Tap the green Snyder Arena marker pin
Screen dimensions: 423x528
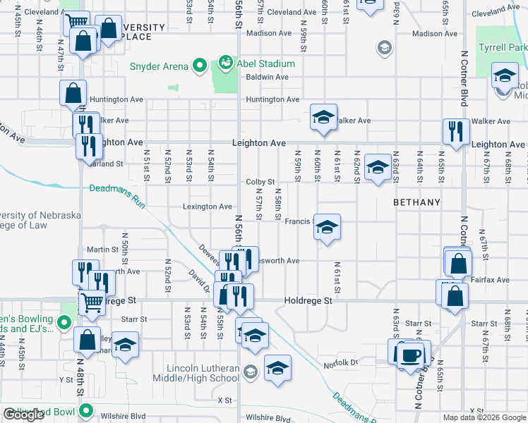[200, 67]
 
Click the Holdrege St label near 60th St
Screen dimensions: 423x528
[308, 300]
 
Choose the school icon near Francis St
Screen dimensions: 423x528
[327, 227]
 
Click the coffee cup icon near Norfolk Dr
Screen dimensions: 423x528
[410, 354]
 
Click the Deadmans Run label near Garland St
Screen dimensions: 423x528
[117, 188]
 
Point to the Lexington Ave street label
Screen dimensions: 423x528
[208, 207]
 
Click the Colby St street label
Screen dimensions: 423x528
[260, 182]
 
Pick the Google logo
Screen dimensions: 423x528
[24, 415]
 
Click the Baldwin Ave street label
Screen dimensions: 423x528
[267, 77]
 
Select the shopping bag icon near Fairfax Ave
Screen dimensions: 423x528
[455, 297]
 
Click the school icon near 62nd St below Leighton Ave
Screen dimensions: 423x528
[378, 168]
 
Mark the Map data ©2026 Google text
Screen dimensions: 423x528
[483, 417]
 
